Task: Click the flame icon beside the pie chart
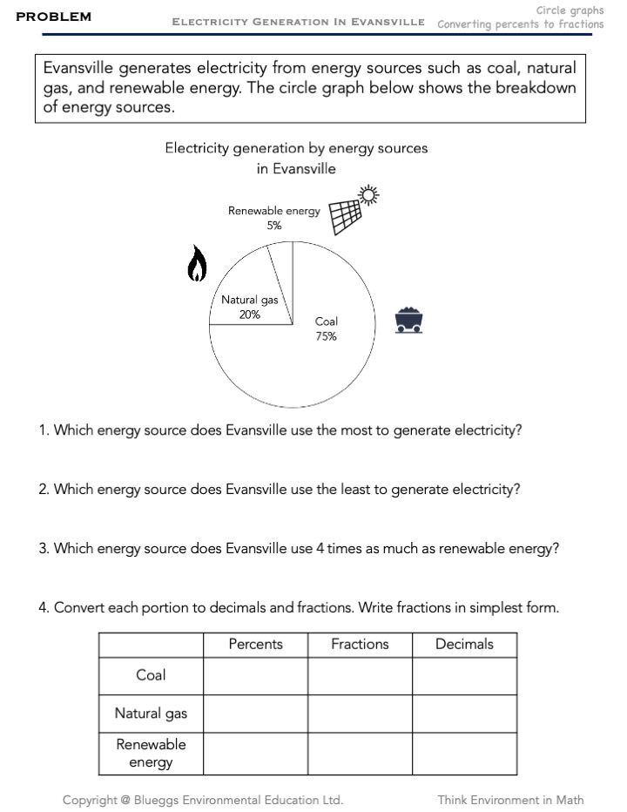(198, 262)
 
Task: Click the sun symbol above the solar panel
(370, 196)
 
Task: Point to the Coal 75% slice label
(326, 328)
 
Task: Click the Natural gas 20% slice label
(250, 308)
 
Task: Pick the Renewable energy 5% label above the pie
(274, 218)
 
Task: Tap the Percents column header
(255, 645)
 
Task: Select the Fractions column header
(360, 645)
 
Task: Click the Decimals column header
(464, 645)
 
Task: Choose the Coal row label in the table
(151, 675)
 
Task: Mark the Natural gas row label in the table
(151, 714)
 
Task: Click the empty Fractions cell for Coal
(360, 675)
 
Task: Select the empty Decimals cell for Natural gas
(464, 714)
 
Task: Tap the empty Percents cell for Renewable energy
(255, 754)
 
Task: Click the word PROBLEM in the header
(53, 17)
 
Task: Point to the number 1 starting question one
(42, 431)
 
